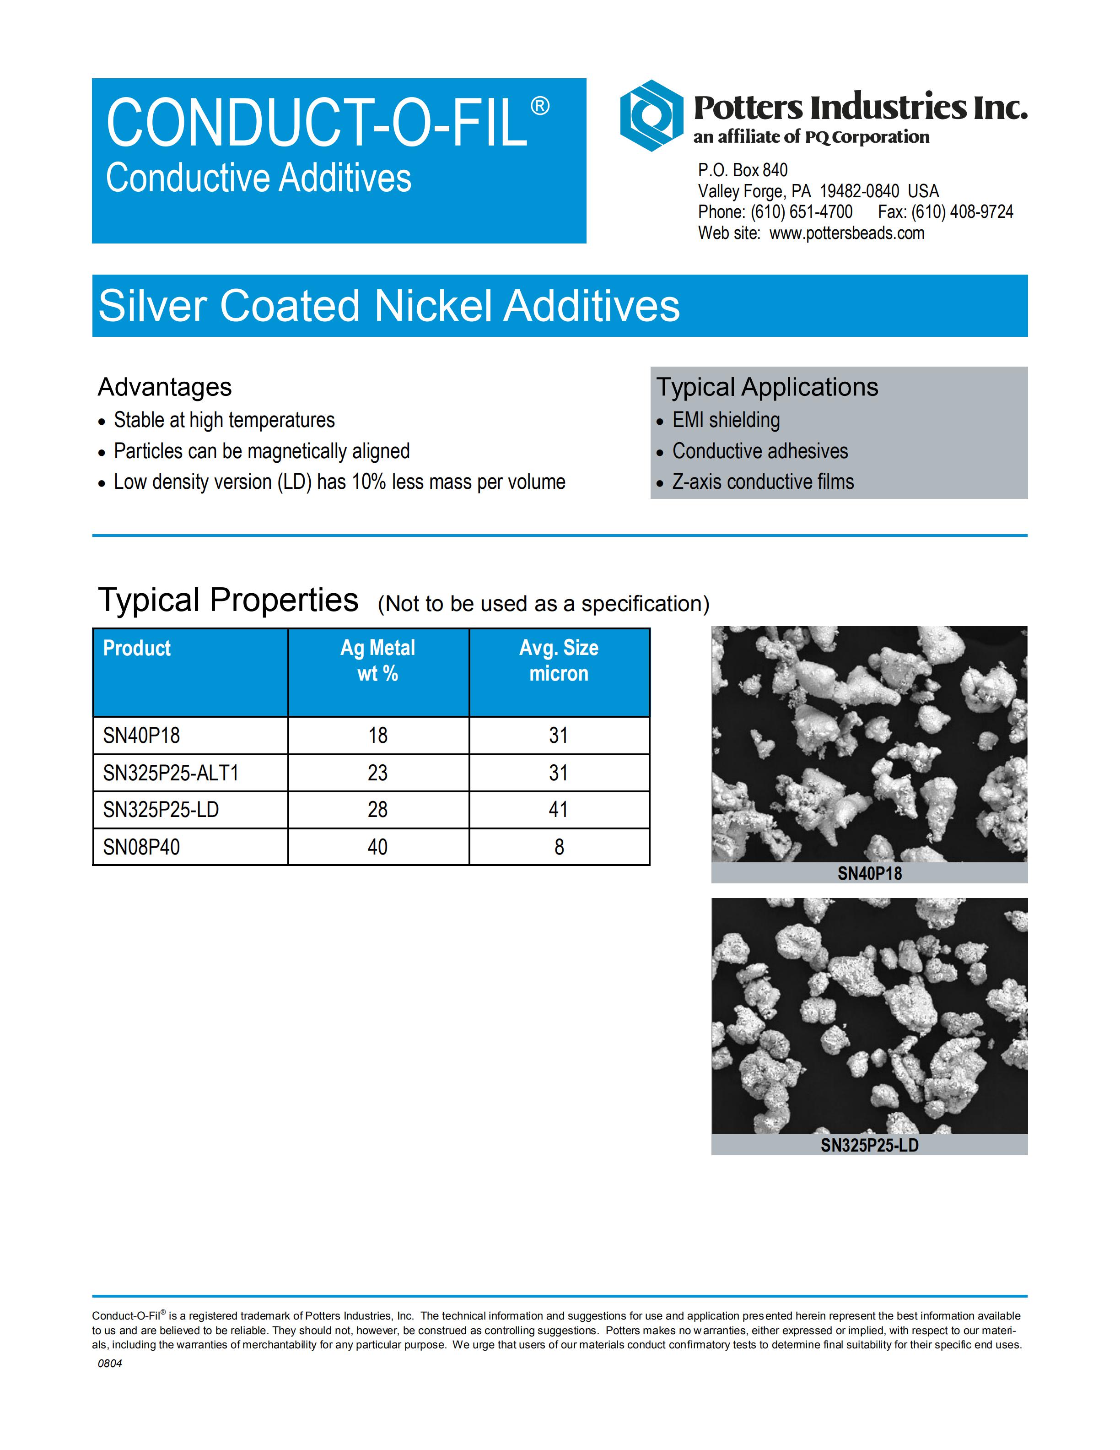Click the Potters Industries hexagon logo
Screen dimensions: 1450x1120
click(651, 115)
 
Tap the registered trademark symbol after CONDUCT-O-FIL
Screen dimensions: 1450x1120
click(540, 106)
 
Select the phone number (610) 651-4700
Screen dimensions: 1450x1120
click(802, 212)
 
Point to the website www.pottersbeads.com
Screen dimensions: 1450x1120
click(847, 233)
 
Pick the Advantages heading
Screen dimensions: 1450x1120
click(165, 387)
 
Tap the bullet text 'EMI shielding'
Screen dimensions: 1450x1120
click(726, 420)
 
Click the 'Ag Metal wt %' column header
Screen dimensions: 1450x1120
click(377, 660)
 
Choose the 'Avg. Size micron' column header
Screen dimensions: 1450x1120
click(559, 660)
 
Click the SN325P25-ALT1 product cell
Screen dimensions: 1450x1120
click(171, 773)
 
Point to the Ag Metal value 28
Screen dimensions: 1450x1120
click(377, 810)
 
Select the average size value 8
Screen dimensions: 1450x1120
click(559, 847)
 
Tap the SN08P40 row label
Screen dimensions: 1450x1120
click(141, 847)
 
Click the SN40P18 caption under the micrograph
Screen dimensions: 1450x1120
click(869, 874)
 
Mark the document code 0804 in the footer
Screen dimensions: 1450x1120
click(110, 1363)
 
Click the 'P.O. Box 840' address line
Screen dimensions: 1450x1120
click(743, 171)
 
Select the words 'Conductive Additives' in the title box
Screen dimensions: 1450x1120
click(259, 178)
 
